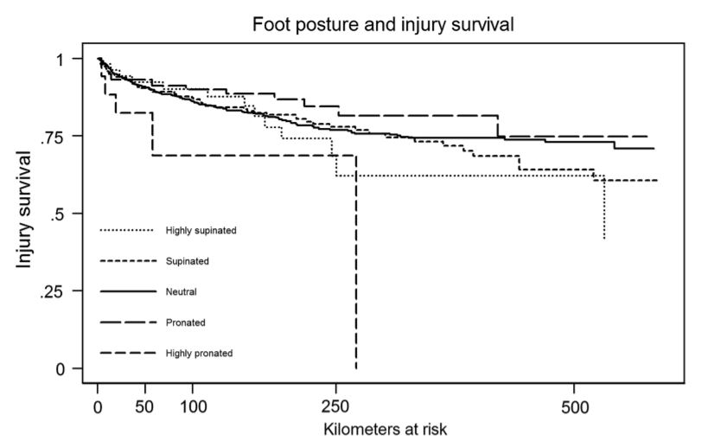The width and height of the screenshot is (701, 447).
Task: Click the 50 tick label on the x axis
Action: click(145, 405)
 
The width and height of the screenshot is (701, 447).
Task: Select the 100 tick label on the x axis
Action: click(193, 405)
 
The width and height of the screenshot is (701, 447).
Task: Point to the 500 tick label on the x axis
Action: click(575, 405)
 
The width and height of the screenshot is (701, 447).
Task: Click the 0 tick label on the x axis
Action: click(98, 405)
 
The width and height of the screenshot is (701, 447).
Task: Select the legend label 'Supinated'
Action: click(186, 261)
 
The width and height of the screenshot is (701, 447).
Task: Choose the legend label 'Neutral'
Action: click(180, 291)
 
